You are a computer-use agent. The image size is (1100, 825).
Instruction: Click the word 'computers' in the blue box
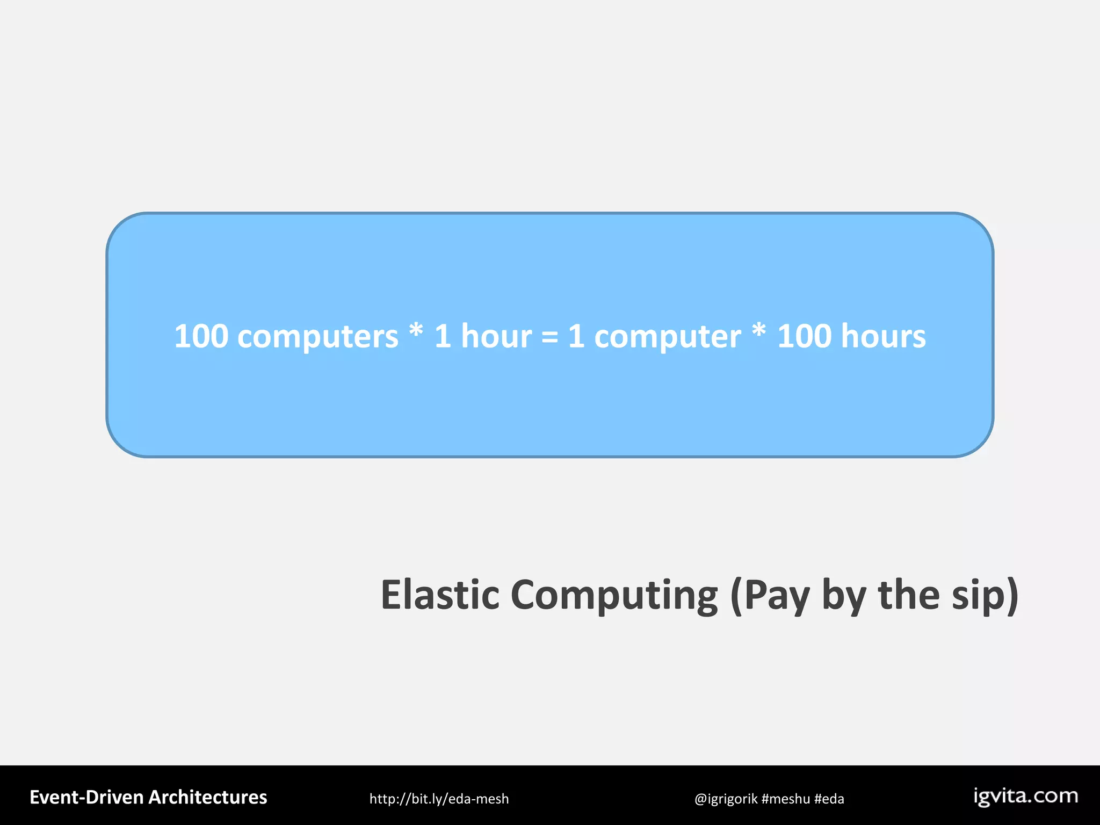point(317,337)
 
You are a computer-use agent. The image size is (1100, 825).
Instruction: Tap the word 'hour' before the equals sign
point(496,336)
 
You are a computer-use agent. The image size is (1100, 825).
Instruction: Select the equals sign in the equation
point(549,337)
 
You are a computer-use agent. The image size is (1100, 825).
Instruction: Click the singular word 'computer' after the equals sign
point(668,337)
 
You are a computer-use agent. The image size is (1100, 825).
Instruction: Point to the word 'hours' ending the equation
point(883,336)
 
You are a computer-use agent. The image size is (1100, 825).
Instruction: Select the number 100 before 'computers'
point(201,336)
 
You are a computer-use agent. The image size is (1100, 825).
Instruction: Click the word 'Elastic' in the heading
point(440,595)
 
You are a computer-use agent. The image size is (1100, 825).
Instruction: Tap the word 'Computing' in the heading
point(613,595)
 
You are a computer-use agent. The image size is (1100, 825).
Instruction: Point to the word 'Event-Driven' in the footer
point(86,798)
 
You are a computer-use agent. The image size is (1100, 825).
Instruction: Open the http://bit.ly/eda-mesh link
point(439,799)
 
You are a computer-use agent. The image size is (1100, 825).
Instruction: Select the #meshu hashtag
point(785,799)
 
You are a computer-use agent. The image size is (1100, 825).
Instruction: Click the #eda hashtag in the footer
point(829,799)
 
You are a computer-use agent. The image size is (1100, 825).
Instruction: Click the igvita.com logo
point(1026,796)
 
